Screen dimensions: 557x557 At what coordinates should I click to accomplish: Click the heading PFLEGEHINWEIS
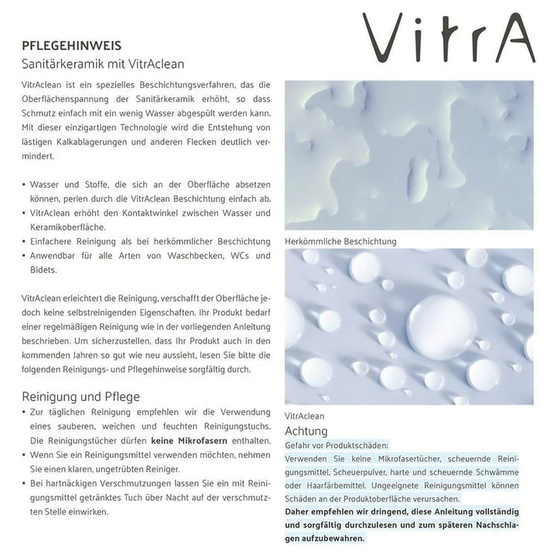click(x=71, y=46)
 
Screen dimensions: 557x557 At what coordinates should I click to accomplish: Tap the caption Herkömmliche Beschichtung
click(x=340, y=241)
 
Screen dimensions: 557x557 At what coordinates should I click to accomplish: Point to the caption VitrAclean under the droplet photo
click(x=305, y=415)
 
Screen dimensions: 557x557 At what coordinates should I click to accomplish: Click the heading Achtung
click(x=306, y=431)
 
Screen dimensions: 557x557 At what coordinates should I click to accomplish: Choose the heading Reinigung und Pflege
click(x=81, y=396)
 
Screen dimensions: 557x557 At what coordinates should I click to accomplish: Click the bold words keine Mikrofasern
click(x=188, y=441)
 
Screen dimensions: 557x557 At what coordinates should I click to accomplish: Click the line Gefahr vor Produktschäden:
click(x=337, y=446)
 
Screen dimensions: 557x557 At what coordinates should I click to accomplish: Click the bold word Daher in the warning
click(x=299, y=512)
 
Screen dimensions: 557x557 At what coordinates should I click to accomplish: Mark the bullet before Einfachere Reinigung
click(x=24, y=241)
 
